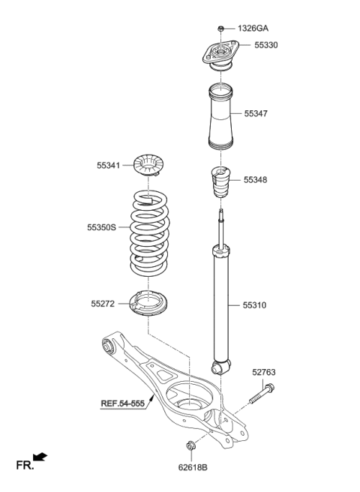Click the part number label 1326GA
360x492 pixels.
click(x=253, y=28)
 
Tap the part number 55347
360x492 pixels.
click(x=256, y=114)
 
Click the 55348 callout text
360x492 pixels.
click(x=256, y=181)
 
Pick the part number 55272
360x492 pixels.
click(x=103, y=304)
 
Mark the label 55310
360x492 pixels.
click(x=255, y=306)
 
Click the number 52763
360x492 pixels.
click(x=264, y=372)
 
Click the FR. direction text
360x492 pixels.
click(x=25, y=466)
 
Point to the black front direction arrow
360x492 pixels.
click(x=40, y=457)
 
